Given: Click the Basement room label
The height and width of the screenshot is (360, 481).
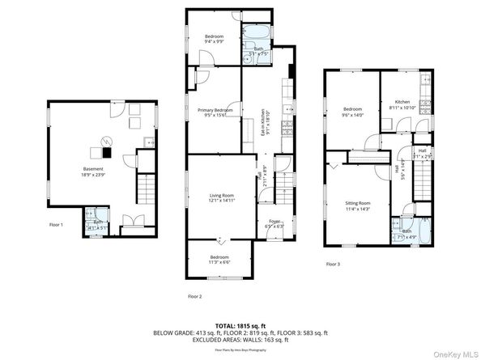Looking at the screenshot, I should click(92, 168).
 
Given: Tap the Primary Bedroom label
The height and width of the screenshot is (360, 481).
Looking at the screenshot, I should click(215, 110).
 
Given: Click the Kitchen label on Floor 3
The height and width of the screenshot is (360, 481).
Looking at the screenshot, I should click(402, 101).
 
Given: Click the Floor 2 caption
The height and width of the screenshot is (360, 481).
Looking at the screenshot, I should click(195, 297).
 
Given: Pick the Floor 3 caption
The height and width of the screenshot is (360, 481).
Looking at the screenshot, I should click(333, 264).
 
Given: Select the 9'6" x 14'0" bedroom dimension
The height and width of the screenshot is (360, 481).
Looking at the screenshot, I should click(354, 115).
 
